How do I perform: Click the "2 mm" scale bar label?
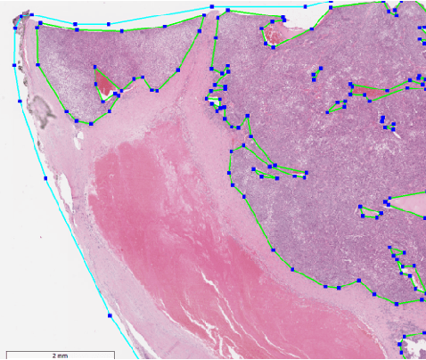[60, 356]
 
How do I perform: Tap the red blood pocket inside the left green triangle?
[105, 85]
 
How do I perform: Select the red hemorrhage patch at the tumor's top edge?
[274, 35]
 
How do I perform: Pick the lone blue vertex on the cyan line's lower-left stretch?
[109, 315]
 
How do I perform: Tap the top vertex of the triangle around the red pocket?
[94, 65]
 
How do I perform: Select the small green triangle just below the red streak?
[338, 107]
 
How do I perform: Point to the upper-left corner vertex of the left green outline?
[37, 25]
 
